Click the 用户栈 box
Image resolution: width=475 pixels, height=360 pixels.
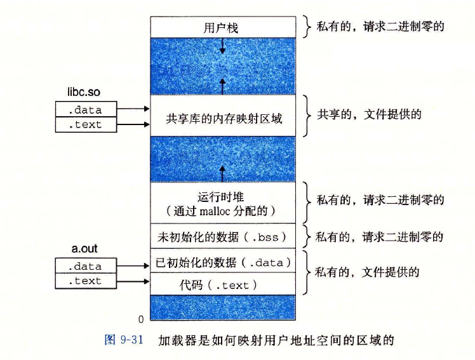point(222,28)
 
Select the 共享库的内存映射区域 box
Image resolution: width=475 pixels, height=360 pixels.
point(222,118)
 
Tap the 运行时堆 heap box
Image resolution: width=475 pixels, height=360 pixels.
point(222,202)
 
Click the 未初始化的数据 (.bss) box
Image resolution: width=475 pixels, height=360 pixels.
point(222,237)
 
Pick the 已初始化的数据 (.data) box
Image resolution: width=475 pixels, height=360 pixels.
point(222,262)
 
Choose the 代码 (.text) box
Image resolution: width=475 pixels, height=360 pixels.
point(222,284)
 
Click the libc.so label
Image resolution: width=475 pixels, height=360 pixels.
point(84,93)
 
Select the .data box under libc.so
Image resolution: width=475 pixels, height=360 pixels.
point(86,109)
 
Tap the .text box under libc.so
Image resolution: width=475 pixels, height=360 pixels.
point(86,124)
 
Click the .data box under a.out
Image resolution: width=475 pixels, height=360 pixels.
point(86,266)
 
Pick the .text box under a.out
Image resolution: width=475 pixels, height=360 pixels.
point(86,281)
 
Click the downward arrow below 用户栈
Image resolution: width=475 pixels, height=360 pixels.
point(222,45)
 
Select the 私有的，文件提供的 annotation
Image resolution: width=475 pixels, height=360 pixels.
point(368,272)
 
